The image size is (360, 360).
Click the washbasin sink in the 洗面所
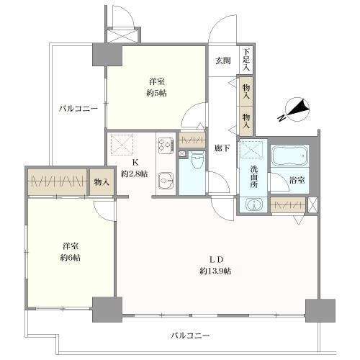pos(254,206)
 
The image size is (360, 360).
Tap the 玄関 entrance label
pos(222,61)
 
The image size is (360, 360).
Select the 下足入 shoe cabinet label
pos(246,57)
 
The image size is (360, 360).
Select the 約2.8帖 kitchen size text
pos(134,174)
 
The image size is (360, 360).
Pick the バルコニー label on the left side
pos(78,109)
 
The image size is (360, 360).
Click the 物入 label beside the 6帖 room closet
pos(101,183)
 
